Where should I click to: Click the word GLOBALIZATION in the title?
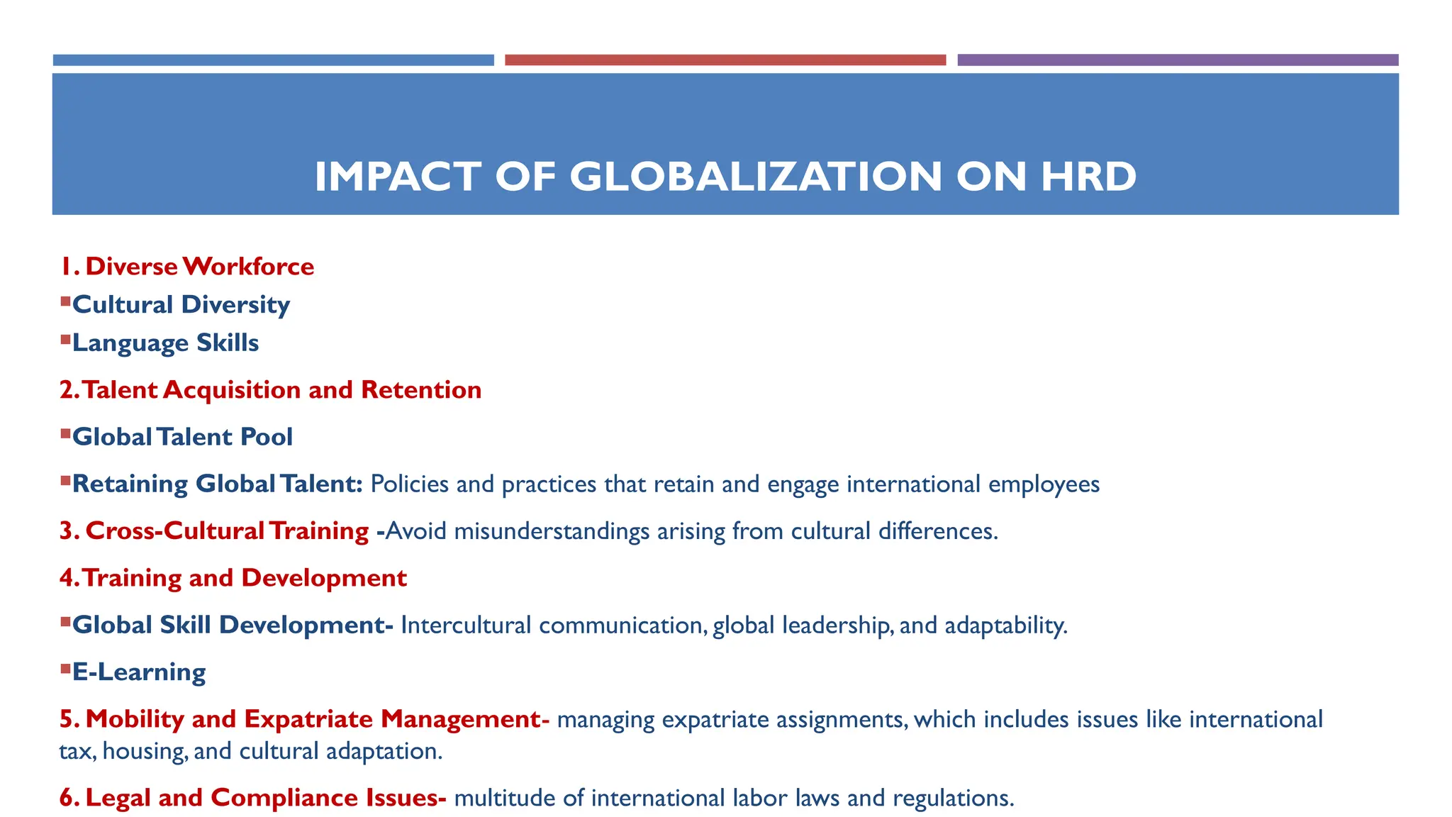point(755,177)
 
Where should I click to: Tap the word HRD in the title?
point(1088,177)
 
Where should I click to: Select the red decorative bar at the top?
point(725,60)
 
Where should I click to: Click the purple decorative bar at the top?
point(1177,60)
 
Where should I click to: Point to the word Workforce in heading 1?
point(248,267)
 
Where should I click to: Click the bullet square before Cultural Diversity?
point(65,302)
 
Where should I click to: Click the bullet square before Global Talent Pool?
point(65,434)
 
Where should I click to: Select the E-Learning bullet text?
point(139,672)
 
